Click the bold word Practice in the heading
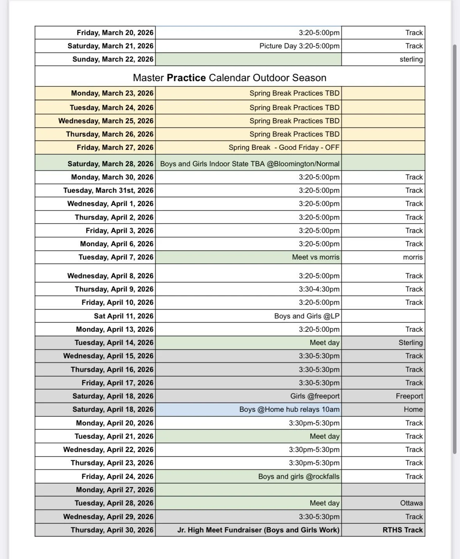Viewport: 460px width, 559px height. coord(186,78)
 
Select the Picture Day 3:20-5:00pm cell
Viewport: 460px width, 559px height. coord(299,46)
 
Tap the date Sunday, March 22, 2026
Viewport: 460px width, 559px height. coord(113,59)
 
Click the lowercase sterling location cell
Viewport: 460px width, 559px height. coord(411,59)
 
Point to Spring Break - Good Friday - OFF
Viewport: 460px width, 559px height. coord(284,148)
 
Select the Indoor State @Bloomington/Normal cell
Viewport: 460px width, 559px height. coord(250,164)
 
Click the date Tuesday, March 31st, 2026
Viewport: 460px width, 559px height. coord(108,190)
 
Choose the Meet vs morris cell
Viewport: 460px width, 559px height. coord(316,257)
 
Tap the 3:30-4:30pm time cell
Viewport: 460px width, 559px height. coord(319,289)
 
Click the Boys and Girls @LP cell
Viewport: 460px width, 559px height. coord(307,316)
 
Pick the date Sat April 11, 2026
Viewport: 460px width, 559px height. coord(123,316)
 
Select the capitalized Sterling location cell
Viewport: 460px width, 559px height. coord(410,343)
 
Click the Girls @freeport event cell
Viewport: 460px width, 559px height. coord(315,396)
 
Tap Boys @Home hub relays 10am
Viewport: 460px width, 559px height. coord(289,409)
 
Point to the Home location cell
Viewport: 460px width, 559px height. coord(413,409)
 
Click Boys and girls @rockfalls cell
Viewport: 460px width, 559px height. coord(298,477)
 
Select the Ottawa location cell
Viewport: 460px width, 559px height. coord(411,503)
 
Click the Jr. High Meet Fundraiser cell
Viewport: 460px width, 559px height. coord(258,530)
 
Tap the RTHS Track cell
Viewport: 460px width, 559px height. coord(402,530)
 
